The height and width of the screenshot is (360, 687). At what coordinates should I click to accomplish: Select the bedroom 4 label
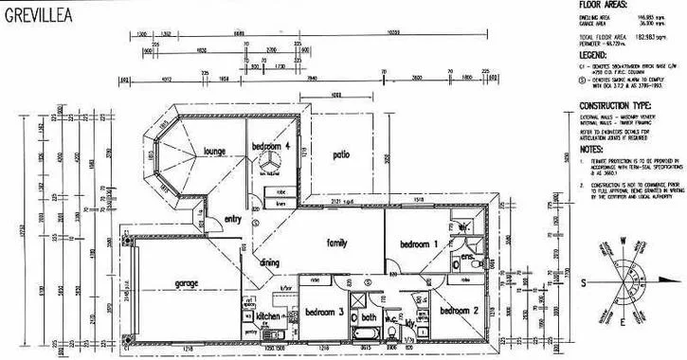[270, 146]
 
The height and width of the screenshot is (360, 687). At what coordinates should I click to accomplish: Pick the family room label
[336, 243]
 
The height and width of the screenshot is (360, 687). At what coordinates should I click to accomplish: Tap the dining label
[270, 262]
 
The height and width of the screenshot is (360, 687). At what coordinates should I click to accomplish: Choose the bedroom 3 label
[323, 312]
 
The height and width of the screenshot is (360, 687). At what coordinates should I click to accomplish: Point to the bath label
[369, 318]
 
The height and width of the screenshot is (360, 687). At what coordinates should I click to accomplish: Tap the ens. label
[466, 257]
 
